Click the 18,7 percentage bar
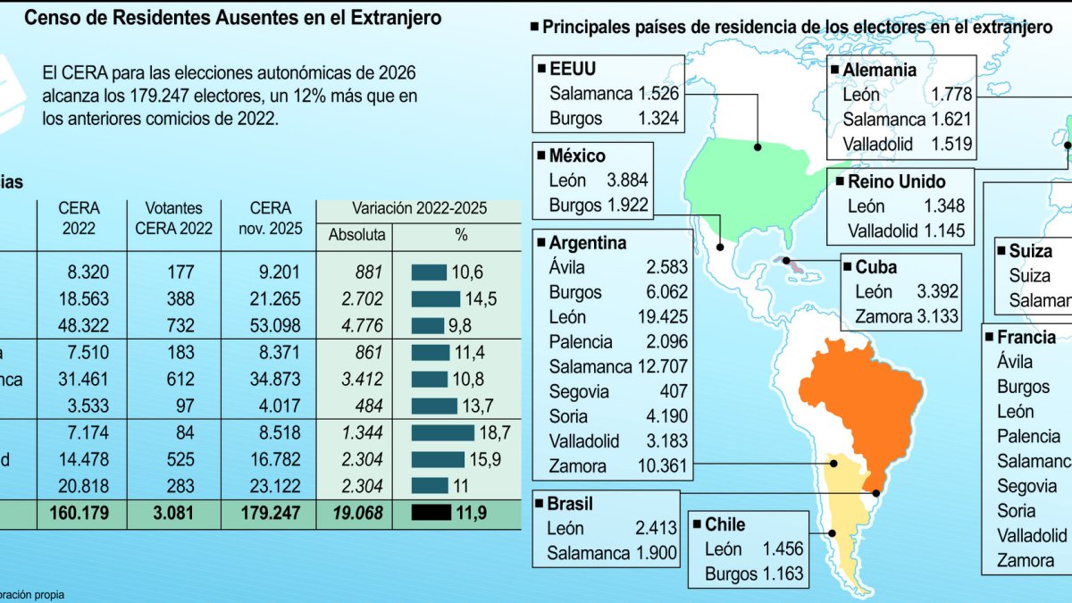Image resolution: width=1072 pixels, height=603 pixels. tap(443, 433)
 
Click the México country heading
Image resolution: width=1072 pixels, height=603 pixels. tap(577, 155)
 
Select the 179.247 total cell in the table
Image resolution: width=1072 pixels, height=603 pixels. tap(271, 514)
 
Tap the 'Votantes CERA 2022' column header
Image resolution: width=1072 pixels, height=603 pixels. tap(174, 218)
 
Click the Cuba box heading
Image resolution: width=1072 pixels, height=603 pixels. tap(875, 266)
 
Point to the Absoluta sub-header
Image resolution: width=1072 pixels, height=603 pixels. tap(356, 235)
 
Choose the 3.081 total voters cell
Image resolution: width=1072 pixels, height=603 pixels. tap(174, 514)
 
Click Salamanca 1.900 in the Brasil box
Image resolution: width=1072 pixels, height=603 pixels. tap(611, 553)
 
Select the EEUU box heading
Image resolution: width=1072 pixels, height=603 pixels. tap(573, 68)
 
